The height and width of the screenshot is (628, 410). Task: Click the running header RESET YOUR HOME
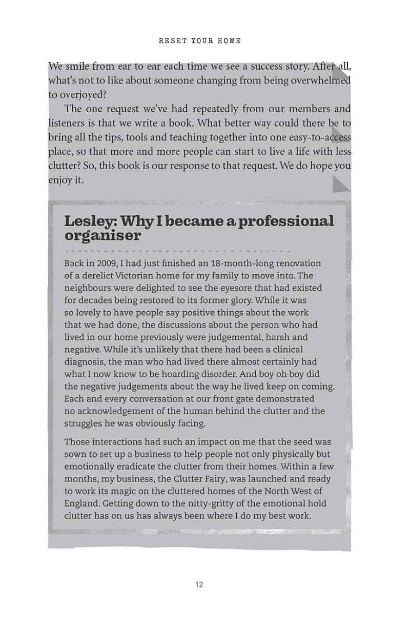tap(199, 41)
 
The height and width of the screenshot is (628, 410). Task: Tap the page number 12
tap(199, 584)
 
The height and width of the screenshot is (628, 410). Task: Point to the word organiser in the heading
tap(102, 235)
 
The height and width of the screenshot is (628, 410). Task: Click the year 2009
tap(106, 264)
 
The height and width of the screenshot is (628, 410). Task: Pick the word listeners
tap(68, 123)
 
